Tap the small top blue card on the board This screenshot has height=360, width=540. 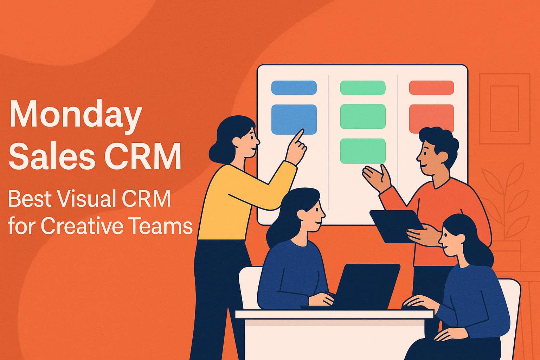[294, 88]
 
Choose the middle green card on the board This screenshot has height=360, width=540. [363, 116]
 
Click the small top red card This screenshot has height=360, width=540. [431, 88]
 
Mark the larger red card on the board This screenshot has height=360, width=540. [431, 118]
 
